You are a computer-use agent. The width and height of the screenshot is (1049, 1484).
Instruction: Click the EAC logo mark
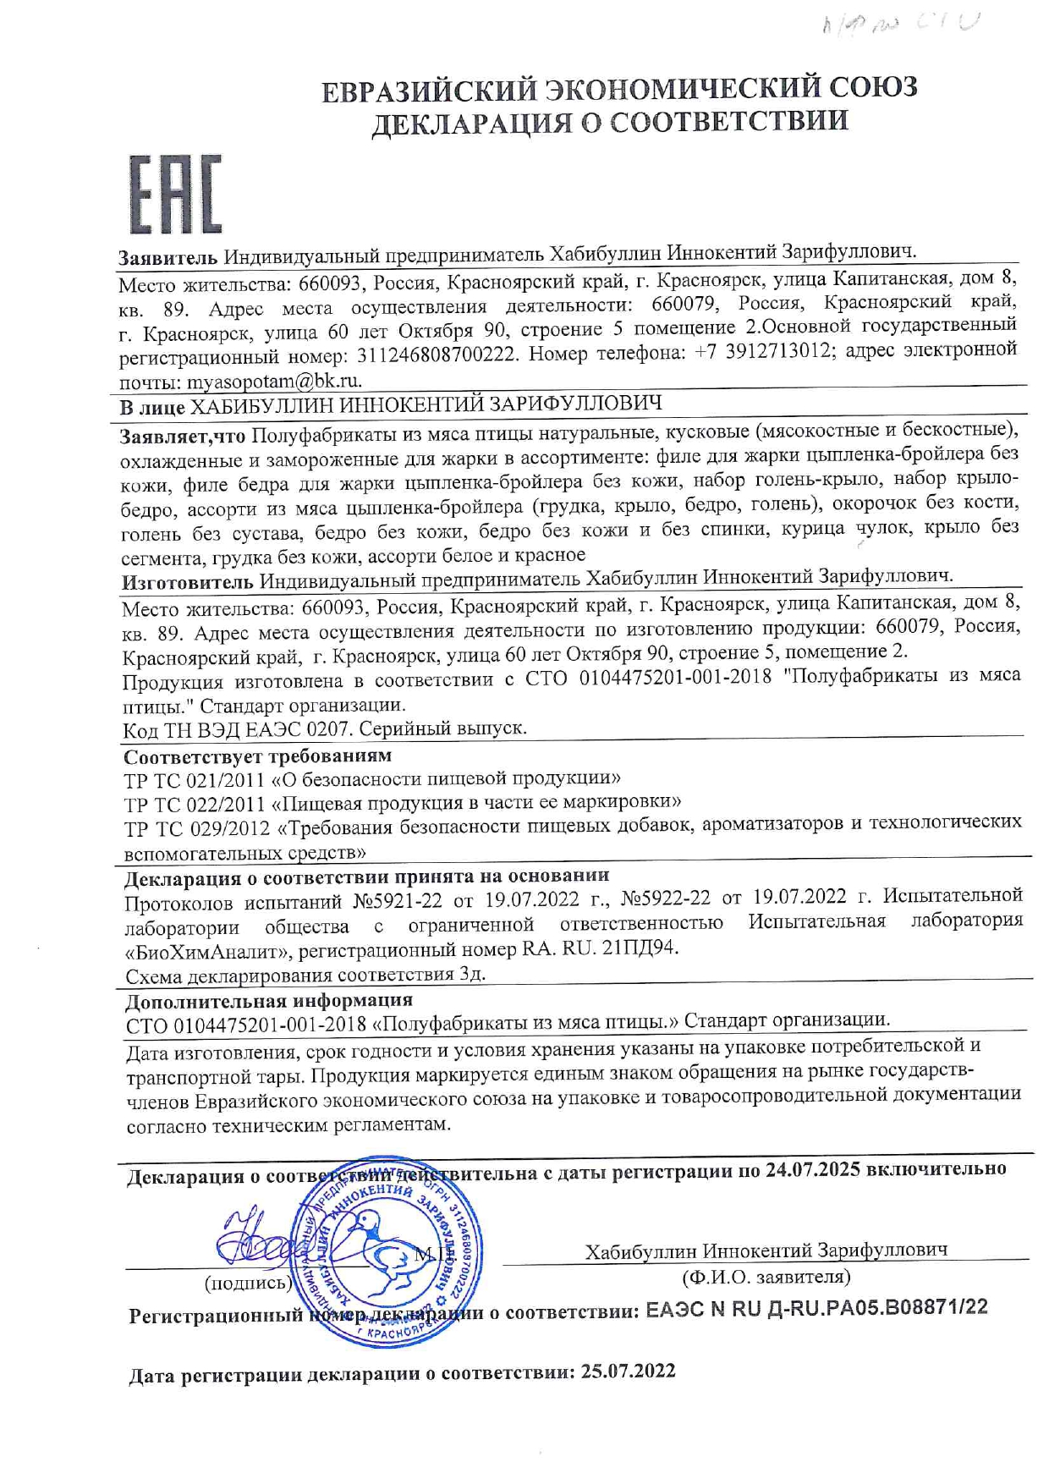coord(175,194)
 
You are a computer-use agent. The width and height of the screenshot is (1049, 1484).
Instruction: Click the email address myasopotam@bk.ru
coord(274,381)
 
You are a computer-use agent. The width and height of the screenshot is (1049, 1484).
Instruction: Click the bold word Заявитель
coord(168,257)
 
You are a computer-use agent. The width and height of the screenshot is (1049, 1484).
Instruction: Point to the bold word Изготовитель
coord(187,582)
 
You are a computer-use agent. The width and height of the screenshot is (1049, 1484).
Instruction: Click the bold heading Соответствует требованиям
coord(258,756)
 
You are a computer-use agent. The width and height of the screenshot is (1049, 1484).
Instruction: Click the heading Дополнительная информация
coord(269,1000)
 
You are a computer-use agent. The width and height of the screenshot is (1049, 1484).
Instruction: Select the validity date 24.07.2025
coord(812,1169)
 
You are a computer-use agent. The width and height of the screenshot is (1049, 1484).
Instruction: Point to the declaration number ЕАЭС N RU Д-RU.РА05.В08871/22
coord(816,1308)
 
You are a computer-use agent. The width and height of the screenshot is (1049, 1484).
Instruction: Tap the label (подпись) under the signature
coord(248,1283)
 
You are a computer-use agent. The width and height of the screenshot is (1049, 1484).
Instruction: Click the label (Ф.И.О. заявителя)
coord(766,1276)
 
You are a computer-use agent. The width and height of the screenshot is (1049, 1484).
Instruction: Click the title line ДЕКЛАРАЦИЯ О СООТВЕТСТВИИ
coord(610,122)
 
